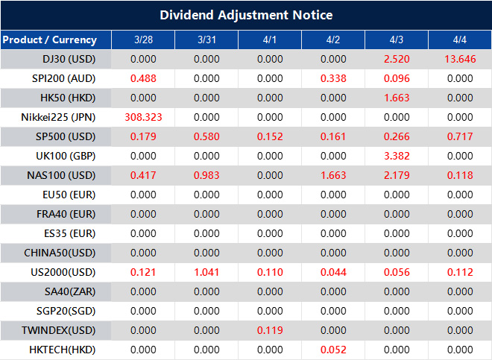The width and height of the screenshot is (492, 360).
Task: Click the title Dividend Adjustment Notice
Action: (246, 15)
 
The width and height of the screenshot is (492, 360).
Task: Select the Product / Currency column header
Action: (50, 40)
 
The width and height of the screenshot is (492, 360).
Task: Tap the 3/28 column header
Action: (142, 40)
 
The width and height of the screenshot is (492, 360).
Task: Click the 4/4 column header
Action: (460, 40)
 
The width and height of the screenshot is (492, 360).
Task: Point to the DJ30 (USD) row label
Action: (68, 59)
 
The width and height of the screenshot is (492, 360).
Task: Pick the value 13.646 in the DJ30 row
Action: (460, 59)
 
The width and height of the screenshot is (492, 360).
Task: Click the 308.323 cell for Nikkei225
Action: (142, 117)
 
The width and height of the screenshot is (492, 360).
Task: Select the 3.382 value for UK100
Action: (397, 156)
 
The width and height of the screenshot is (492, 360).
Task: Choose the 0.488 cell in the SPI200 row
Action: (142, 78)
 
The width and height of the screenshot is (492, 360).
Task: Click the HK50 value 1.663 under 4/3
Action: (397, 98)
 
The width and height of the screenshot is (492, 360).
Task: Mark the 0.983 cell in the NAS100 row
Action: (206, 175)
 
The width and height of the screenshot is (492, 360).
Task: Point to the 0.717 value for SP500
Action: (460, 136)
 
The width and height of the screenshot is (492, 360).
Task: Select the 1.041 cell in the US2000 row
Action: (206, 272)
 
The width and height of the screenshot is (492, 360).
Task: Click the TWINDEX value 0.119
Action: (270, 330)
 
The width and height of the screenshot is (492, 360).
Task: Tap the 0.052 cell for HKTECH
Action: (333, 350)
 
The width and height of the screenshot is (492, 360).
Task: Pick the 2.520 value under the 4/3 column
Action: (397, 59)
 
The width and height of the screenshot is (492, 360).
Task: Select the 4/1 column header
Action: (270, 40)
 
